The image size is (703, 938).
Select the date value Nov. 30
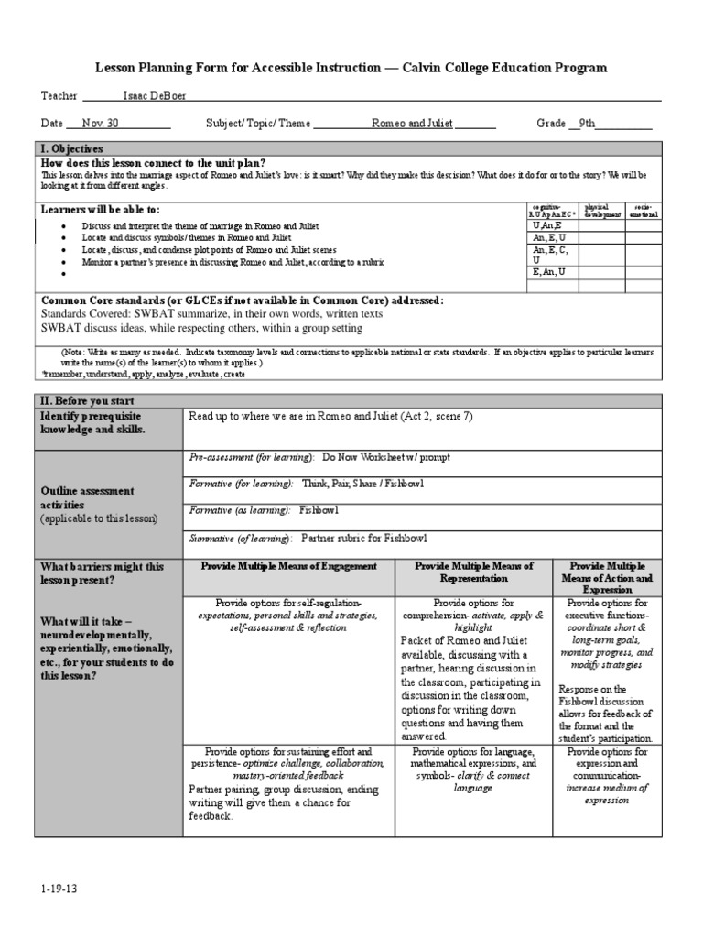click(x=100, y=124)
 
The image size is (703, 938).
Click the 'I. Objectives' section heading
click(x=71, y=148)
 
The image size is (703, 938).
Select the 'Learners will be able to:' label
click(x=101, y=210)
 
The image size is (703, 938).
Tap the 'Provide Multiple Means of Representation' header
click(x=473, y=573)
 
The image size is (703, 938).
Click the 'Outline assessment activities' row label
click(x=87, y=497)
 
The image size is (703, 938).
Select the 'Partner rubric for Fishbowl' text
click(x=363, y=539)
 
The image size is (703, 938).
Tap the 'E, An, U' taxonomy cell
click(x=548, y=271)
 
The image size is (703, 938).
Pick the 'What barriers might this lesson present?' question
click(x=101, y=573)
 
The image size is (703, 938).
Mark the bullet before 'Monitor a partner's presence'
click(x=63, y=263)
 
